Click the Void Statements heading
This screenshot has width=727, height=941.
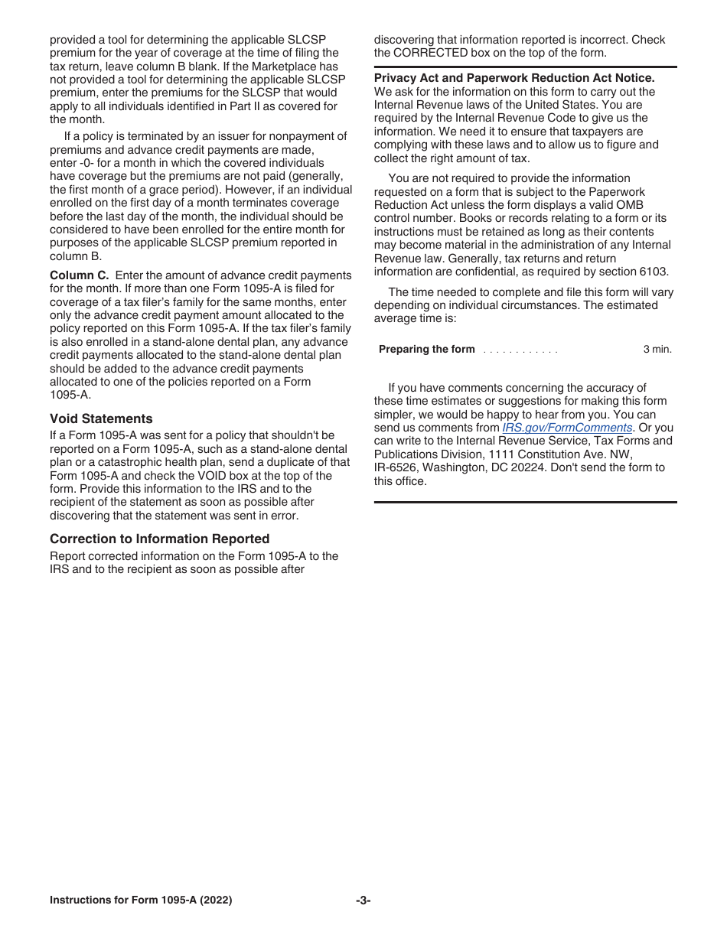click(x=101, y=418)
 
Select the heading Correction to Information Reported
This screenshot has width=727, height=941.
click(x=159, y=539)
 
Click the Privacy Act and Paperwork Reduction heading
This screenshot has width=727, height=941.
click(x=513, y=78)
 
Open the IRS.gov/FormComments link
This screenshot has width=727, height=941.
click(x=566, y=428)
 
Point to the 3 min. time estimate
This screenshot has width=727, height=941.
click(x=657, y=350)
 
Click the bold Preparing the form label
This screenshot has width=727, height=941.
click(x=426, y=350)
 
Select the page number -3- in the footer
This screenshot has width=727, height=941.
click(x=363, y=900)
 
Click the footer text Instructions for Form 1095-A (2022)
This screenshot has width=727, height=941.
click(x=141, y=900)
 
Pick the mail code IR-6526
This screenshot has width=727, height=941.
click(x=396, y=467)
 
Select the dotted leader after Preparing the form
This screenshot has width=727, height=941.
click(x=520, y=350)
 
